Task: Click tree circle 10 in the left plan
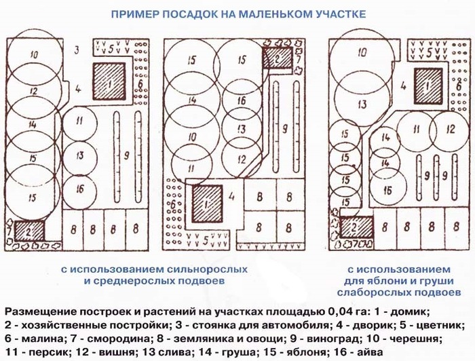[x=35, y=55]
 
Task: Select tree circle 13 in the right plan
[x=362, y=104]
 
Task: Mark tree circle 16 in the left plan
[x=80, y=187]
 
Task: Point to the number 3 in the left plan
[x=77, y=49]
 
